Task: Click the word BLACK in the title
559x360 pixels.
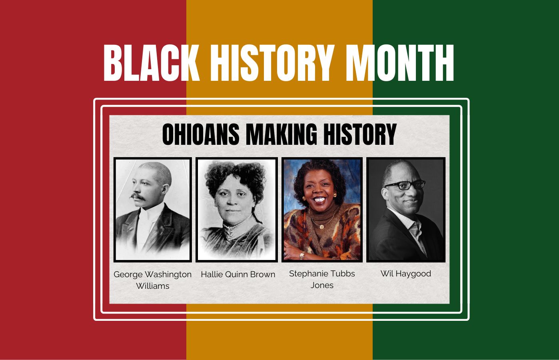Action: tap(151, 63)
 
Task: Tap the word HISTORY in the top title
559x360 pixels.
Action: tap(272, 63)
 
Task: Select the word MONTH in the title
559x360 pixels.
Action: tap(399, 63)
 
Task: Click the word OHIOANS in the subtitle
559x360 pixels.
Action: tap(201, 134)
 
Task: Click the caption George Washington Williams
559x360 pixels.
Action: tap(152, 280)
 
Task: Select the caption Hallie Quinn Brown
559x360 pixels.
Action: tap(238, 274)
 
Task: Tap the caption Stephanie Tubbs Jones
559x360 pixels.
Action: tap(322, 279)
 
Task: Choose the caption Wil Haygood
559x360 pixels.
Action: tap(405, 274)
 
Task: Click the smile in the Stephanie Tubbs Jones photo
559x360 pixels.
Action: tap(319, 199)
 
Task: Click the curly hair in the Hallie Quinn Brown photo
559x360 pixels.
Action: tap(236, 176)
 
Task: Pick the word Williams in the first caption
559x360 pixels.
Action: tap(152, 286)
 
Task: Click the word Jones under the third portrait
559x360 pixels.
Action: tap(322, 285)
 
